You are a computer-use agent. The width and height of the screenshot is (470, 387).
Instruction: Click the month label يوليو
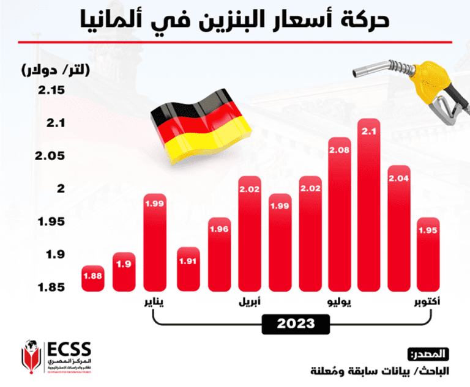(340, 301)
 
